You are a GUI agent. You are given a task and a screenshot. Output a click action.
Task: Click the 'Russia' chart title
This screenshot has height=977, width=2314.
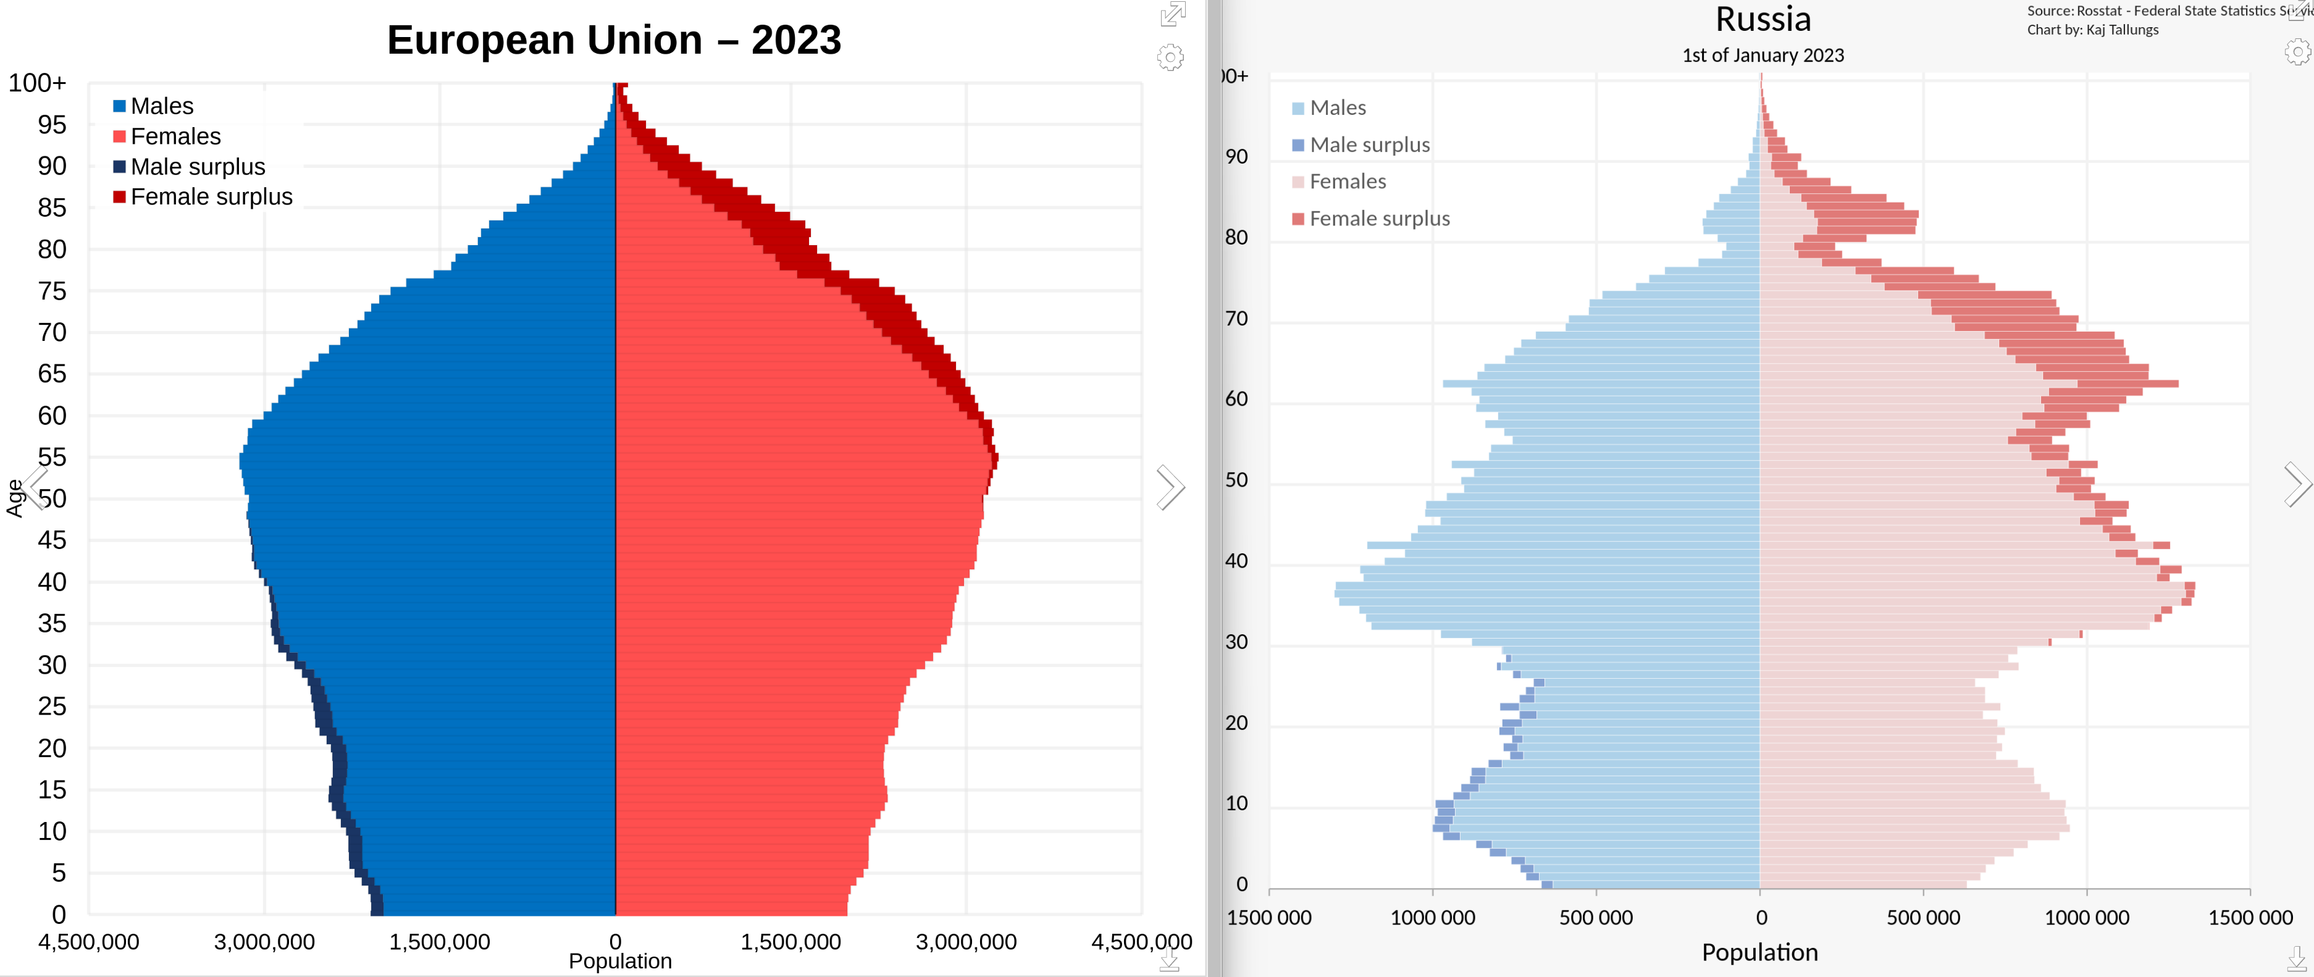(x=1763, y=19)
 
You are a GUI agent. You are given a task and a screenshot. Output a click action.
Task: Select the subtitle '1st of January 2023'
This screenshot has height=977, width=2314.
(x=1763, y=56)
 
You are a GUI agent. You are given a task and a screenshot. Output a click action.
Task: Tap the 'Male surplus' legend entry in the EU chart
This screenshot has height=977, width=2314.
(x=197, y=167)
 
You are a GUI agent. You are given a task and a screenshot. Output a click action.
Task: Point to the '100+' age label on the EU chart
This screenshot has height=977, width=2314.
(x=38, y=83)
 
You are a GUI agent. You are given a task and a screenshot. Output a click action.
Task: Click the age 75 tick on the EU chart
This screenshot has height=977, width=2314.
(x=52, y=291)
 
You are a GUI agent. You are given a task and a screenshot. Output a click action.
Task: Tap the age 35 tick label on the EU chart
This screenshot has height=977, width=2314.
(x=52, y=623)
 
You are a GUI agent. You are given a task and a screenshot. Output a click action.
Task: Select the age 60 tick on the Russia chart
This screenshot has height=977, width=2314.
(x=1236, y=399)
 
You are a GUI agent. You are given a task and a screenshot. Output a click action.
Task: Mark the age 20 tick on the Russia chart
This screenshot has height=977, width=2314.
(x=1236, y=723)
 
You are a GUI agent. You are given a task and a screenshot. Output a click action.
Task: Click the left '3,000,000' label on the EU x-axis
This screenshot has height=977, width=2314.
(x=264, y=941)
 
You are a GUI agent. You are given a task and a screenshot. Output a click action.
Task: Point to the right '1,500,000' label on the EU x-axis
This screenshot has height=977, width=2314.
(x=790, y=941)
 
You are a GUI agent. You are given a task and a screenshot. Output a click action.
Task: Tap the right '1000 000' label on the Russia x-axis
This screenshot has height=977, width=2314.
(x=2086, y=918)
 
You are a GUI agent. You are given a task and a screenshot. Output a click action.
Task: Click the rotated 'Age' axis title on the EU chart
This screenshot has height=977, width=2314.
(x=14, y=498)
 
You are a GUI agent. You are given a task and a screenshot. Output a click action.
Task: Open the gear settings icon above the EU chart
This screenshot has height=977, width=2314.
(x=1170, y=57)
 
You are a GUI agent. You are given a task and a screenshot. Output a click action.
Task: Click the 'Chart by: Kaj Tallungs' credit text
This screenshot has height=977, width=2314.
(x=2092, y=30)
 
